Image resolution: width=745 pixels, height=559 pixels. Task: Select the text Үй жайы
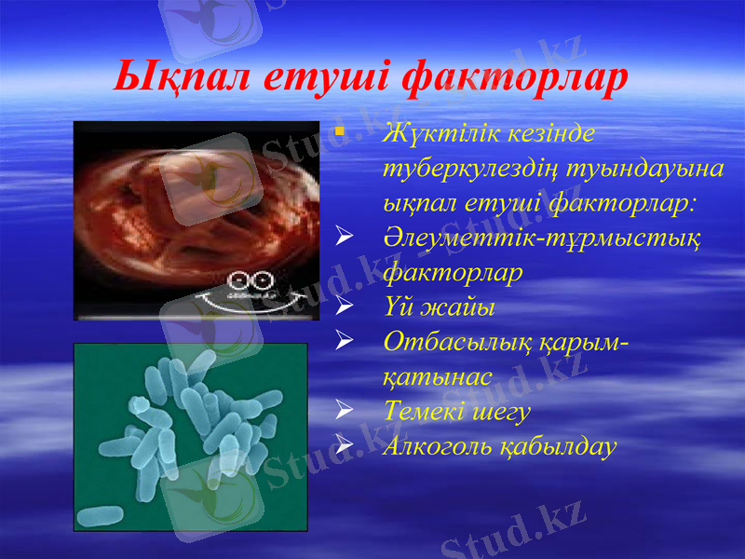[x=439, y=307]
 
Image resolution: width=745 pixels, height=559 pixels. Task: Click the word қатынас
[x=437, y=376]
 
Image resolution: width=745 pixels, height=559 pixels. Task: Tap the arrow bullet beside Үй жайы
[x=344, y=306]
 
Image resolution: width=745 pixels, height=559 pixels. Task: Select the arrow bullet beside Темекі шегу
[x=344, y=410]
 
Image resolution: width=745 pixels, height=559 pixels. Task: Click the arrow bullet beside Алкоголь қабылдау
[x=344, y=444]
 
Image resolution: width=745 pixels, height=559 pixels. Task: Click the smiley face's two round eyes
[x=252, y=280]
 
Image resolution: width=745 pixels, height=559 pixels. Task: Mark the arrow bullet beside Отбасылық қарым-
[x=344, y=341]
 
